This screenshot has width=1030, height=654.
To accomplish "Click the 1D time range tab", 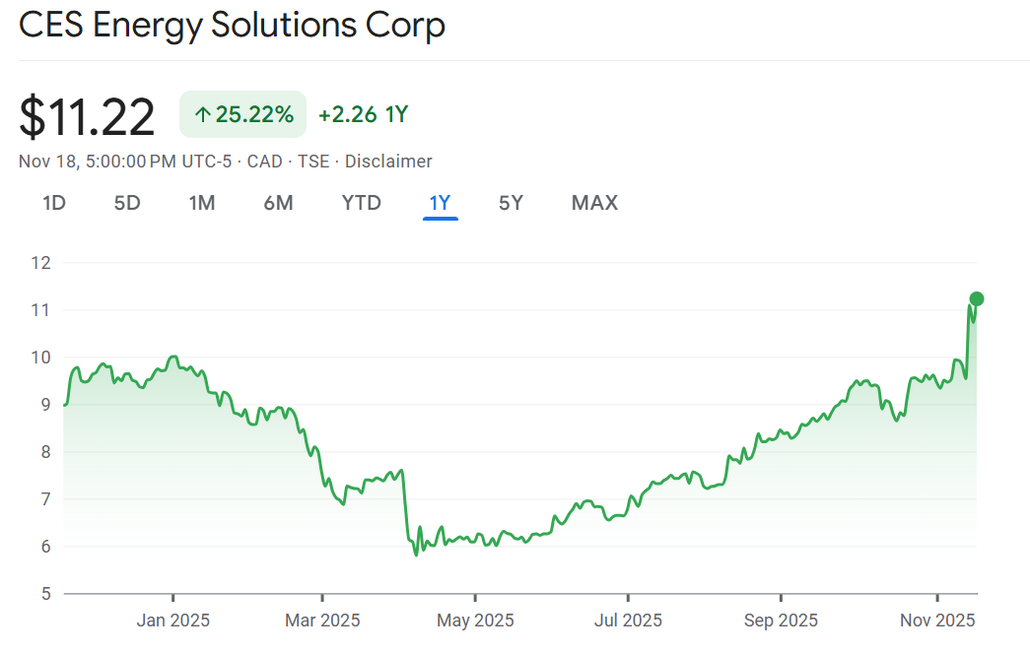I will [53, 203].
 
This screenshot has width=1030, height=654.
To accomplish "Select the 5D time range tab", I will [127, 203].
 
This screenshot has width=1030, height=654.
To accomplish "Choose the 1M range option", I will [202, 203].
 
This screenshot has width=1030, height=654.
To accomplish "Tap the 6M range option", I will [278, 203].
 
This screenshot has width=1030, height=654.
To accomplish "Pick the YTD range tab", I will [361, 203].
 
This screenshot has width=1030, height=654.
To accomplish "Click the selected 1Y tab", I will [440, 203].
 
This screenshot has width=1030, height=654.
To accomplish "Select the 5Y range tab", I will [511, 203].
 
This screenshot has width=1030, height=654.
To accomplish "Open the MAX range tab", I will [594, 203].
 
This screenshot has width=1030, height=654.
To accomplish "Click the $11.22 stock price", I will [88, 117].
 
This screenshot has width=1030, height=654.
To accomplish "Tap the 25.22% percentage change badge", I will [242, 114].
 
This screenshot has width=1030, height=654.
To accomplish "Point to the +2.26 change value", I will [348, 114].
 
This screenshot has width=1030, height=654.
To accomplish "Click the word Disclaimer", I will [388, 161].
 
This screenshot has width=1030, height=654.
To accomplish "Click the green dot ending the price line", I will [977, 298].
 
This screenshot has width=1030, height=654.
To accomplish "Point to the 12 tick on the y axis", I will [40, 263].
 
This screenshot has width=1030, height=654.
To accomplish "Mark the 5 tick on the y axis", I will [44, 594].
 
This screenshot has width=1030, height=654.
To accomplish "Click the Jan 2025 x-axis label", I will [172, 621].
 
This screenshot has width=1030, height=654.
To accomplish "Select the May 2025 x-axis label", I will [475, 621].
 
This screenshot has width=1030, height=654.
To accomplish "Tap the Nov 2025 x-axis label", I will [936, 621].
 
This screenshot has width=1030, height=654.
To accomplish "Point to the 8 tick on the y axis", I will [44, 452].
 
